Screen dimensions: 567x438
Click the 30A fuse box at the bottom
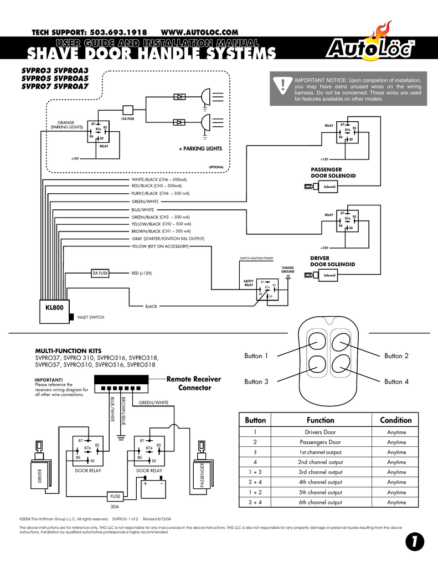pos(116,496)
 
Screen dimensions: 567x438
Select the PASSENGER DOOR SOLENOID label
pos(333,172)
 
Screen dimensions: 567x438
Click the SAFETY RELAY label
pos(249,283)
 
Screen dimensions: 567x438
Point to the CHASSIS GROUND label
pos(287,270)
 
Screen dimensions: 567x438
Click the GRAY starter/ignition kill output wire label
pos(168,238)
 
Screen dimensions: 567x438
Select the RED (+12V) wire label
pos(141,273)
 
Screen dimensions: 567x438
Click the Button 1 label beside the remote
pos(256,356)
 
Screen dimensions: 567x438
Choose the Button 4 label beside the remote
pos(396,382)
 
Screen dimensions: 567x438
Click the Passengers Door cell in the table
pos(320,442)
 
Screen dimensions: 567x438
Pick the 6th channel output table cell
pos(320,502)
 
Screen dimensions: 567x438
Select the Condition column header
pos(396,420)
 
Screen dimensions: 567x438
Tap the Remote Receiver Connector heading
pos(194,383)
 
